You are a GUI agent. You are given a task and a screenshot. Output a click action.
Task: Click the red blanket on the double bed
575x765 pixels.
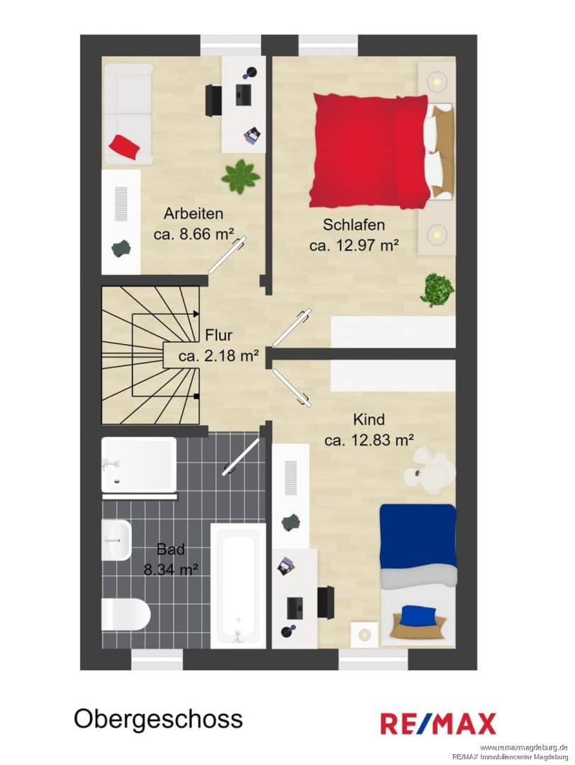(370, 150)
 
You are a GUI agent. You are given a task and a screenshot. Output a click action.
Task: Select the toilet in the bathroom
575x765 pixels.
(125, 615)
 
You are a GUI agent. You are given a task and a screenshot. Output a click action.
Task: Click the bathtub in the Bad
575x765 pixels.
(238, 586)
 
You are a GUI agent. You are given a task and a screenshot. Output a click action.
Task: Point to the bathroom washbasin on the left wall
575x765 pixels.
(116, 540)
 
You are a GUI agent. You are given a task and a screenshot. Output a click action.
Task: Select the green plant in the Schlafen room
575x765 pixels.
(437, 290)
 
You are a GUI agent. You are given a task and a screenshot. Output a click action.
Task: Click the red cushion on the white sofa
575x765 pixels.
(125, 147)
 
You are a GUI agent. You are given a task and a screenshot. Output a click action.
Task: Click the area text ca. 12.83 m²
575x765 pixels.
(369, 440)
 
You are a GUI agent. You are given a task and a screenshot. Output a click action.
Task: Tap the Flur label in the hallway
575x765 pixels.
(218, 335)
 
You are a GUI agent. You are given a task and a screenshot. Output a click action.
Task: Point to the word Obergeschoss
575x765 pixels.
(158, 719)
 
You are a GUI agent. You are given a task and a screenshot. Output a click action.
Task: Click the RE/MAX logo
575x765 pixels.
(438, 723)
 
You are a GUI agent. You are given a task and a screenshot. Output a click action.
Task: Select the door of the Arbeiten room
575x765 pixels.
(228, 255)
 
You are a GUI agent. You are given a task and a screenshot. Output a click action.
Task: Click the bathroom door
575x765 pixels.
(241, 457)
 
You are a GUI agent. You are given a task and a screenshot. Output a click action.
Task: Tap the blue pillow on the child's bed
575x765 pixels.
(418, 615)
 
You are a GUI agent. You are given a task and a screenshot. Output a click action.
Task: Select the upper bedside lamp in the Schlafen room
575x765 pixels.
(435, 81)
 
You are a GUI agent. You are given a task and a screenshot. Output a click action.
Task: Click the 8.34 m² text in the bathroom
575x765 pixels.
(171, 569)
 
